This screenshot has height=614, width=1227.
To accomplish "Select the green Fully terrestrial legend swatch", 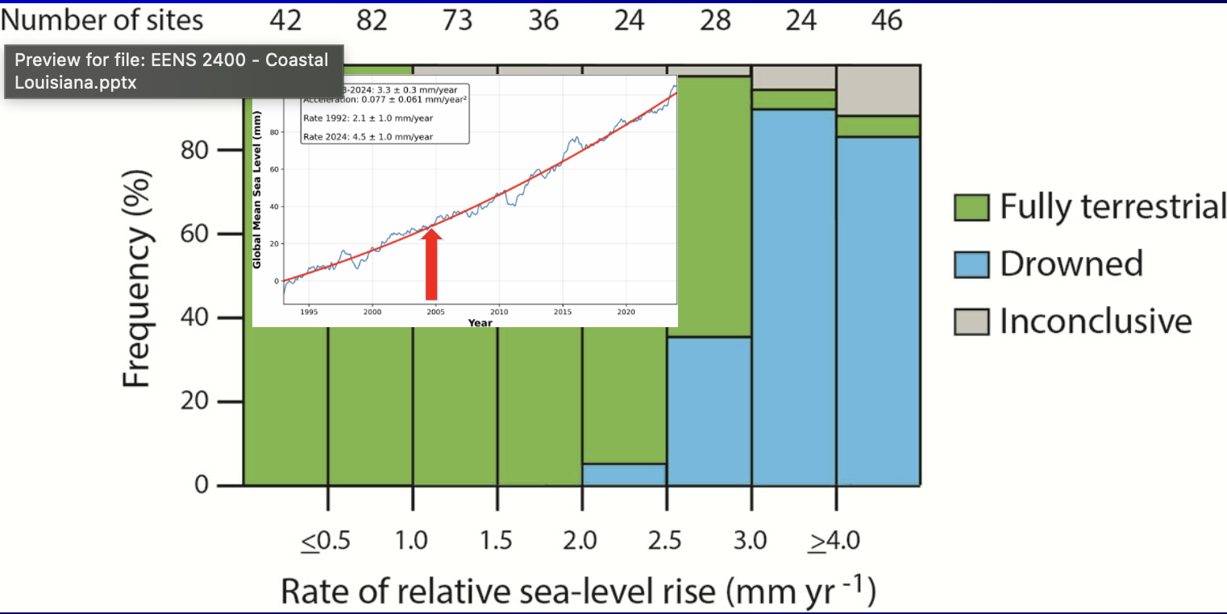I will click(971, 207).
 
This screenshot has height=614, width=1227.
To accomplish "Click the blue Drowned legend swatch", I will click(971, 264).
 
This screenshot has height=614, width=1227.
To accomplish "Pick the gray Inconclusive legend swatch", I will click(971, 322).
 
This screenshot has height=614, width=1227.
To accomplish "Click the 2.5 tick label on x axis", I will click(666, 540).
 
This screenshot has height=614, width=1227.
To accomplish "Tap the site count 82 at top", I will click(372, 19).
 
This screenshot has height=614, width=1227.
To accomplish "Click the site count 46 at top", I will click(886, 19).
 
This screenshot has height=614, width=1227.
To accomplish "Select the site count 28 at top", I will click(714, 19).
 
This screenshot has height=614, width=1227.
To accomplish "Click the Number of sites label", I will click(102, 19).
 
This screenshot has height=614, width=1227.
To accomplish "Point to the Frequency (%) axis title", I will click(138, 278).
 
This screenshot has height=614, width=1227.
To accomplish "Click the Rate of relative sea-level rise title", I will click(578, 592).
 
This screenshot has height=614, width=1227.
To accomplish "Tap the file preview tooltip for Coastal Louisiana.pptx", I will click(173, 71).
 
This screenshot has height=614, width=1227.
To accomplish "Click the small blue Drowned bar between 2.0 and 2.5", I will click(624, 475).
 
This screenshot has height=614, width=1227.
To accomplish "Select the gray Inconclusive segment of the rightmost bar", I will click(878, 90).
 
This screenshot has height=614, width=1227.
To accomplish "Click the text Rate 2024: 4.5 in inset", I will click(368, 137).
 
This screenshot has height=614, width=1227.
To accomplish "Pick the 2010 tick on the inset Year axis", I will click(499, 311).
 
